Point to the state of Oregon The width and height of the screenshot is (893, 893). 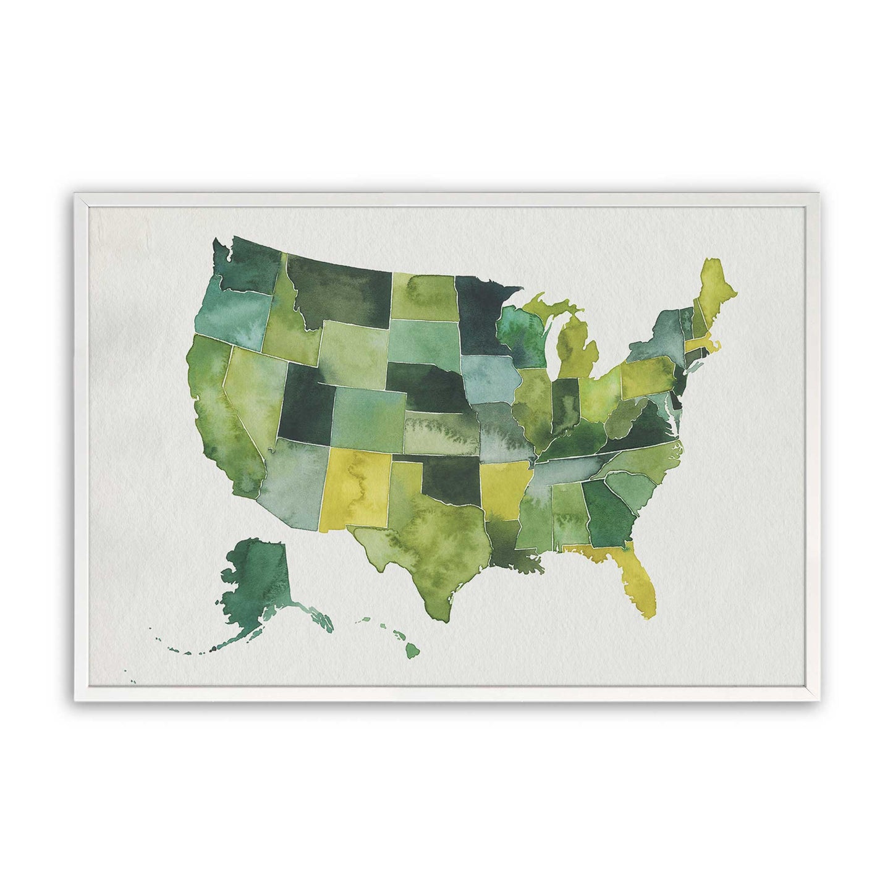(232, 315)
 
